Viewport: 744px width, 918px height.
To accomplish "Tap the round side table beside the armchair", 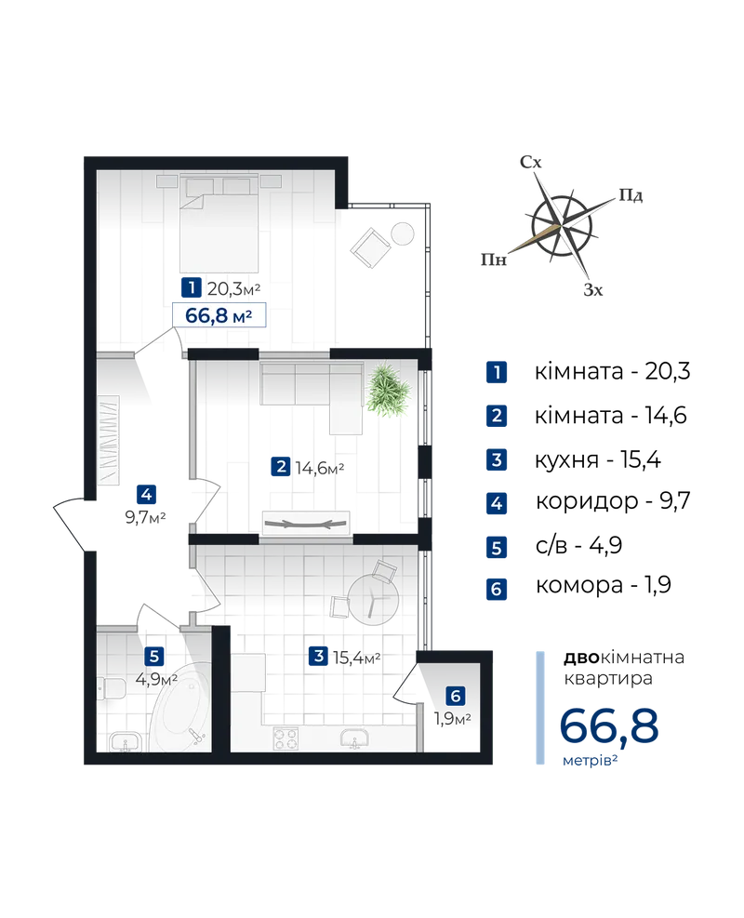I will [x=404, y=233].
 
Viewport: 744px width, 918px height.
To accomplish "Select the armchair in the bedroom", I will [x=371, y=248].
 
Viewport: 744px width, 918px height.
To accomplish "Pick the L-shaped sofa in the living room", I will [x=312, y=391].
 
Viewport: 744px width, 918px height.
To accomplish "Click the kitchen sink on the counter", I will [x=353, y=739].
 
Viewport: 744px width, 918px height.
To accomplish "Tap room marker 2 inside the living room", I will [x=281, y=467].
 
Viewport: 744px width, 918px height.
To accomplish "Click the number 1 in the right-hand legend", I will [x=497, y=373].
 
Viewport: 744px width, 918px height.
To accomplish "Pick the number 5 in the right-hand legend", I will [x=497, y=547].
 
